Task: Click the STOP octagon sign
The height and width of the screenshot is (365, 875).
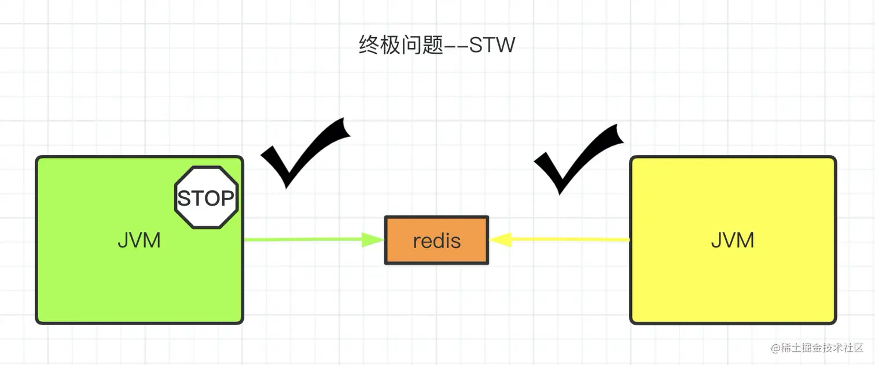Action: point(206,197)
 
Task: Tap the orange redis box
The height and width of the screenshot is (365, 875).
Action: point(437,240)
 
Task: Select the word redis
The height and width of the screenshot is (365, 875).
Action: point(437,241)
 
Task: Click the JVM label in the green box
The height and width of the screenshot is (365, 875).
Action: point(139,240)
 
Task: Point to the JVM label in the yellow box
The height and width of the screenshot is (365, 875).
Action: point(733,240)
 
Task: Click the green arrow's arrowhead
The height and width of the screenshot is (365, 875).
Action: point(373,239)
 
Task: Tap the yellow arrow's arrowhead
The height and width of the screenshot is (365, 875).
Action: point(501,239)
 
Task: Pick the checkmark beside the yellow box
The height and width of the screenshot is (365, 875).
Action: point(579,159)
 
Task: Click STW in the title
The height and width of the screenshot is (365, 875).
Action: point(492,45)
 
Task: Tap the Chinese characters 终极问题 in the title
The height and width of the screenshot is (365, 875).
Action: point(401,45)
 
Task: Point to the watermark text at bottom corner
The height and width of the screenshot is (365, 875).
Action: point(817,348)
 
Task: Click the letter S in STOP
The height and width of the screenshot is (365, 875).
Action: point(185,198)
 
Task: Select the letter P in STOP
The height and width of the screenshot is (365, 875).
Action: point(227,198)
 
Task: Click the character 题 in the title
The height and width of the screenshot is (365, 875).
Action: point(433,45)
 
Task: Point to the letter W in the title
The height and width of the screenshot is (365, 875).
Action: point(506,45)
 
